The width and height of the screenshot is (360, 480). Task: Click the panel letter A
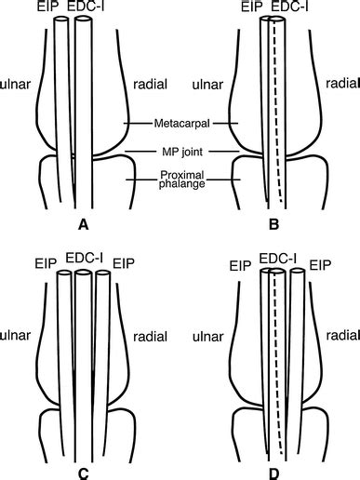[x=84, y=224]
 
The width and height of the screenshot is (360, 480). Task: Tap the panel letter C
[x=84, y=473]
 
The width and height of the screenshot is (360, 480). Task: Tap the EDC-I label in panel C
[x=84, y=257]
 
